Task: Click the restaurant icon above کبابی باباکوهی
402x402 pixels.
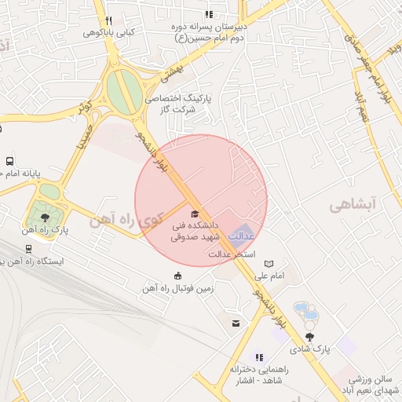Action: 108,20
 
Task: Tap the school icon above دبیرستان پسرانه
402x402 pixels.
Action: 209,14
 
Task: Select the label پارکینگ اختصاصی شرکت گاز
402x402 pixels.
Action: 181,105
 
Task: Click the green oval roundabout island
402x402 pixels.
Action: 120,91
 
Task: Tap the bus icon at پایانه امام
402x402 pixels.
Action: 9,159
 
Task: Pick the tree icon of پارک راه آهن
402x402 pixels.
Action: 42,217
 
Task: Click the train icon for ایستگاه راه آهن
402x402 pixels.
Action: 29,247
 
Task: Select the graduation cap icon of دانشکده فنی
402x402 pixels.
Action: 194,214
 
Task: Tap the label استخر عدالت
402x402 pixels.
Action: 228,254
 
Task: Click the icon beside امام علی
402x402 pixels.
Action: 270,264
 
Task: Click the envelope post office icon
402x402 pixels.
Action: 235,323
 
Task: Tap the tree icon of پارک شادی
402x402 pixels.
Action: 320,336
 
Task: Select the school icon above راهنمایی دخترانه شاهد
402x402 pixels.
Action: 260,358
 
